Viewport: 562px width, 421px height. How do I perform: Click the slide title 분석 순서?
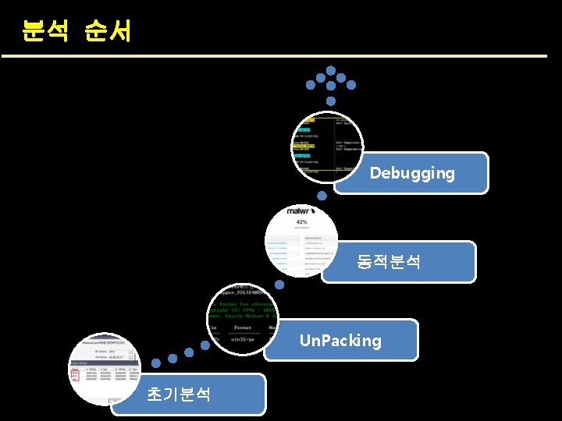tap(76, 31)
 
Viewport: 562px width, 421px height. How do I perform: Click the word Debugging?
tap(412, 173)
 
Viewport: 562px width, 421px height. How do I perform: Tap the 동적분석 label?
tap(389, 262)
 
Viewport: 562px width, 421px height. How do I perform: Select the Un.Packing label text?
tap(341, 341)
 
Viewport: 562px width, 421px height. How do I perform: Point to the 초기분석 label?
tap(179, 394)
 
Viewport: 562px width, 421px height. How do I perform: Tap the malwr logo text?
tap(301, 210)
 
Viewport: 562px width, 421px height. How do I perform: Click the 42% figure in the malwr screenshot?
tap(301, 222)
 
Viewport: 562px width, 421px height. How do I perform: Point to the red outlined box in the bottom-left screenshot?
tap(75, 375)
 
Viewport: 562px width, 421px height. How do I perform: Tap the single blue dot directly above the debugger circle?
tap(330, 101)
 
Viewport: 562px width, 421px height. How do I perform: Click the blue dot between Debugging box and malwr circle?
tap(322, 196)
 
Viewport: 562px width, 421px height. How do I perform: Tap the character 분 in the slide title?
tap(34, 31)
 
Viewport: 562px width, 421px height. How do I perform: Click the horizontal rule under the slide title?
tap(274, 56)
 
